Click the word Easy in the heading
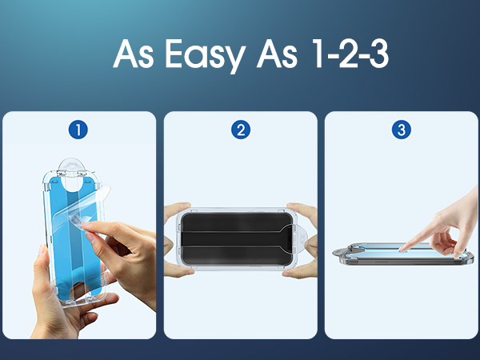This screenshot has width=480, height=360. coord(205,55)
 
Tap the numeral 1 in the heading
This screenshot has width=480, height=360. coord(318,54)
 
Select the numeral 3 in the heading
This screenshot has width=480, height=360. coord(379,54)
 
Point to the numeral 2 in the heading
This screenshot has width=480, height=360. coord(349,54)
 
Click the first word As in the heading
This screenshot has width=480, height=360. coord(133,54)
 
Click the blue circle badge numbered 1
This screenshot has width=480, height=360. coord(78,130)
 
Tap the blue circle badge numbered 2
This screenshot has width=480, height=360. coord(241,130)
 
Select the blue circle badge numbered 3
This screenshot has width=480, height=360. coord(402,130)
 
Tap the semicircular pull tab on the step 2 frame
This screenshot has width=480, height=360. coord(302,238)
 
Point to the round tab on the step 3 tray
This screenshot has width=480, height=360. coord(339,252)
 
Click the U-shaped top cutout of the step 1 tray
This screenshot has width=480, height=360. coord(73,184)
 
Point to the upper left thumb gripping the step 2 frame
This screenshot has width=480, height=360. coord(178,209)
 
